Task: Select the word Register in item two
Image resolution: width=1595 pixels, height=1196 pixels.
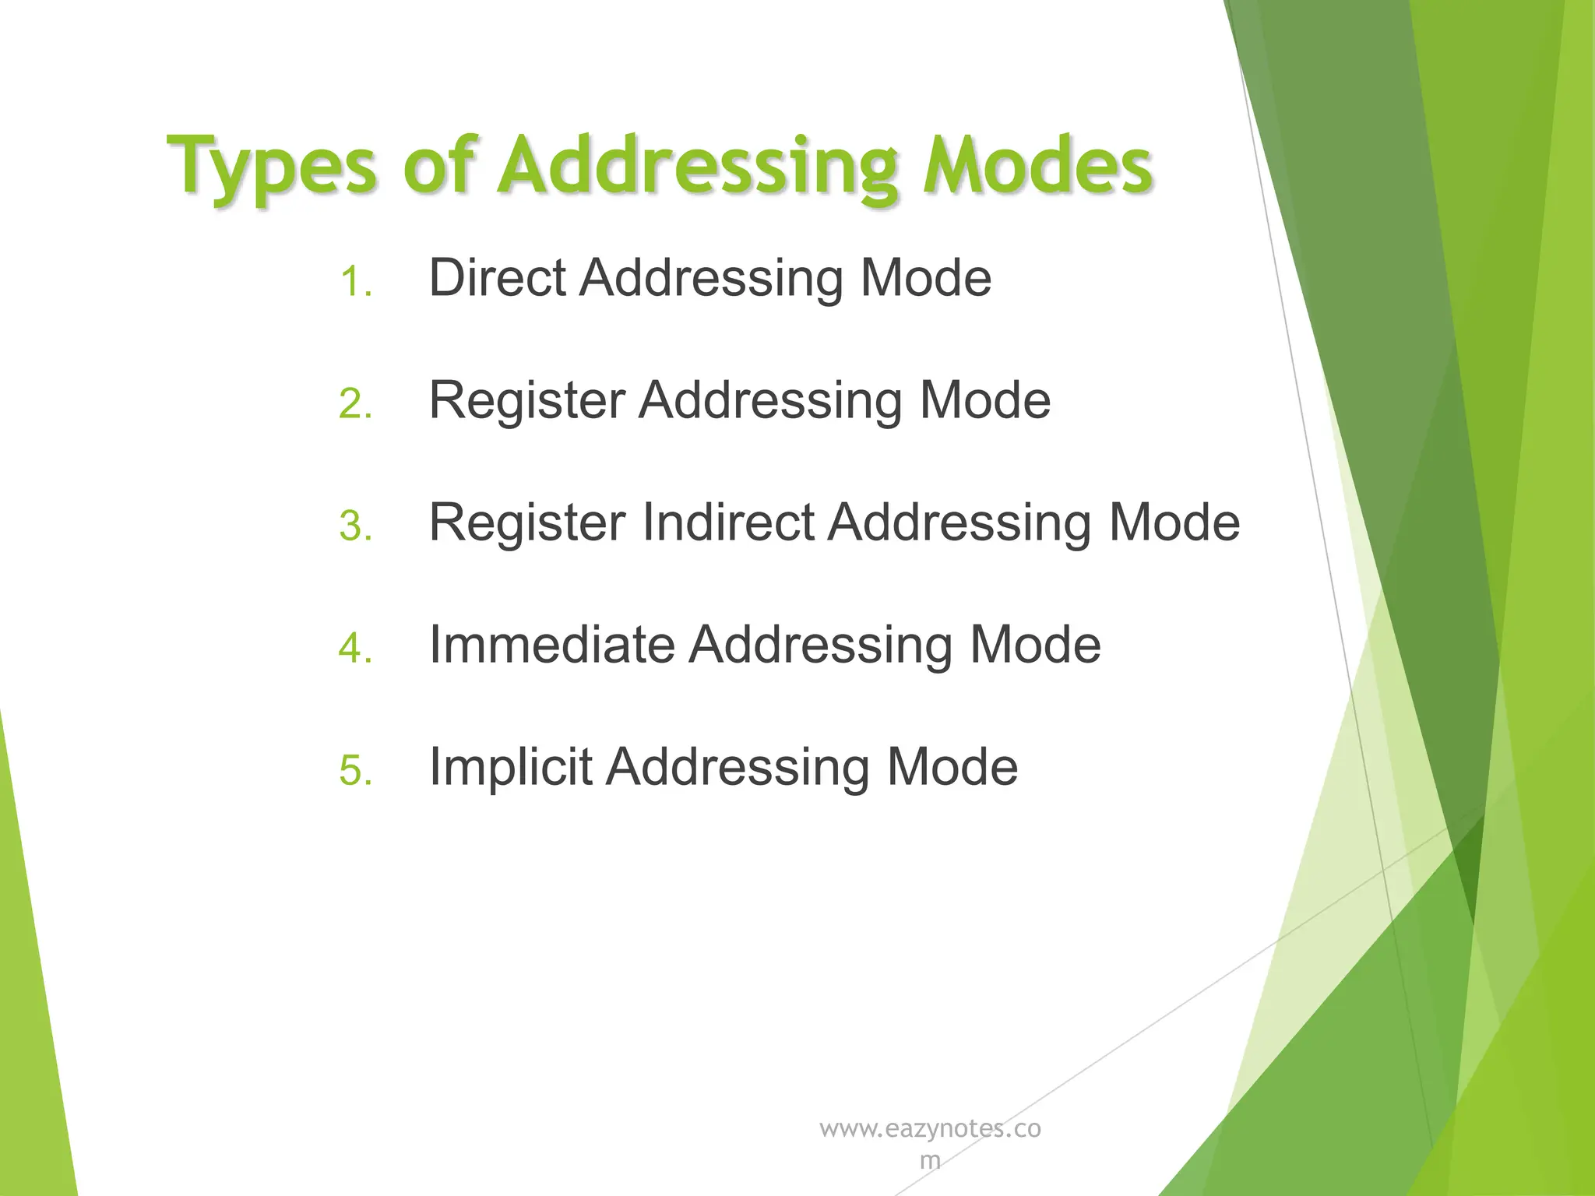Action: coord(527,400)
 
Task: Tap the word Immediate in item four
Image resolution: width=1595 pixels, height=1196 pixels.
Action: coord(551,645)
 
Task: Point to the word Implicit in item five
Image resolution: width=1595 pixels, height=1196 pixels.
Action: coord(510,767)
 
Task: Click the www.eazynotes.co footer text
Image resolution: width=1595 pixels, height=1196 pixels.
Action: coord(930,1129)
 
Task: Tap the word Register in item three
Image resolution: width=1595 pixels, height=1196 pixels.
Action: coord(527,522)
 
